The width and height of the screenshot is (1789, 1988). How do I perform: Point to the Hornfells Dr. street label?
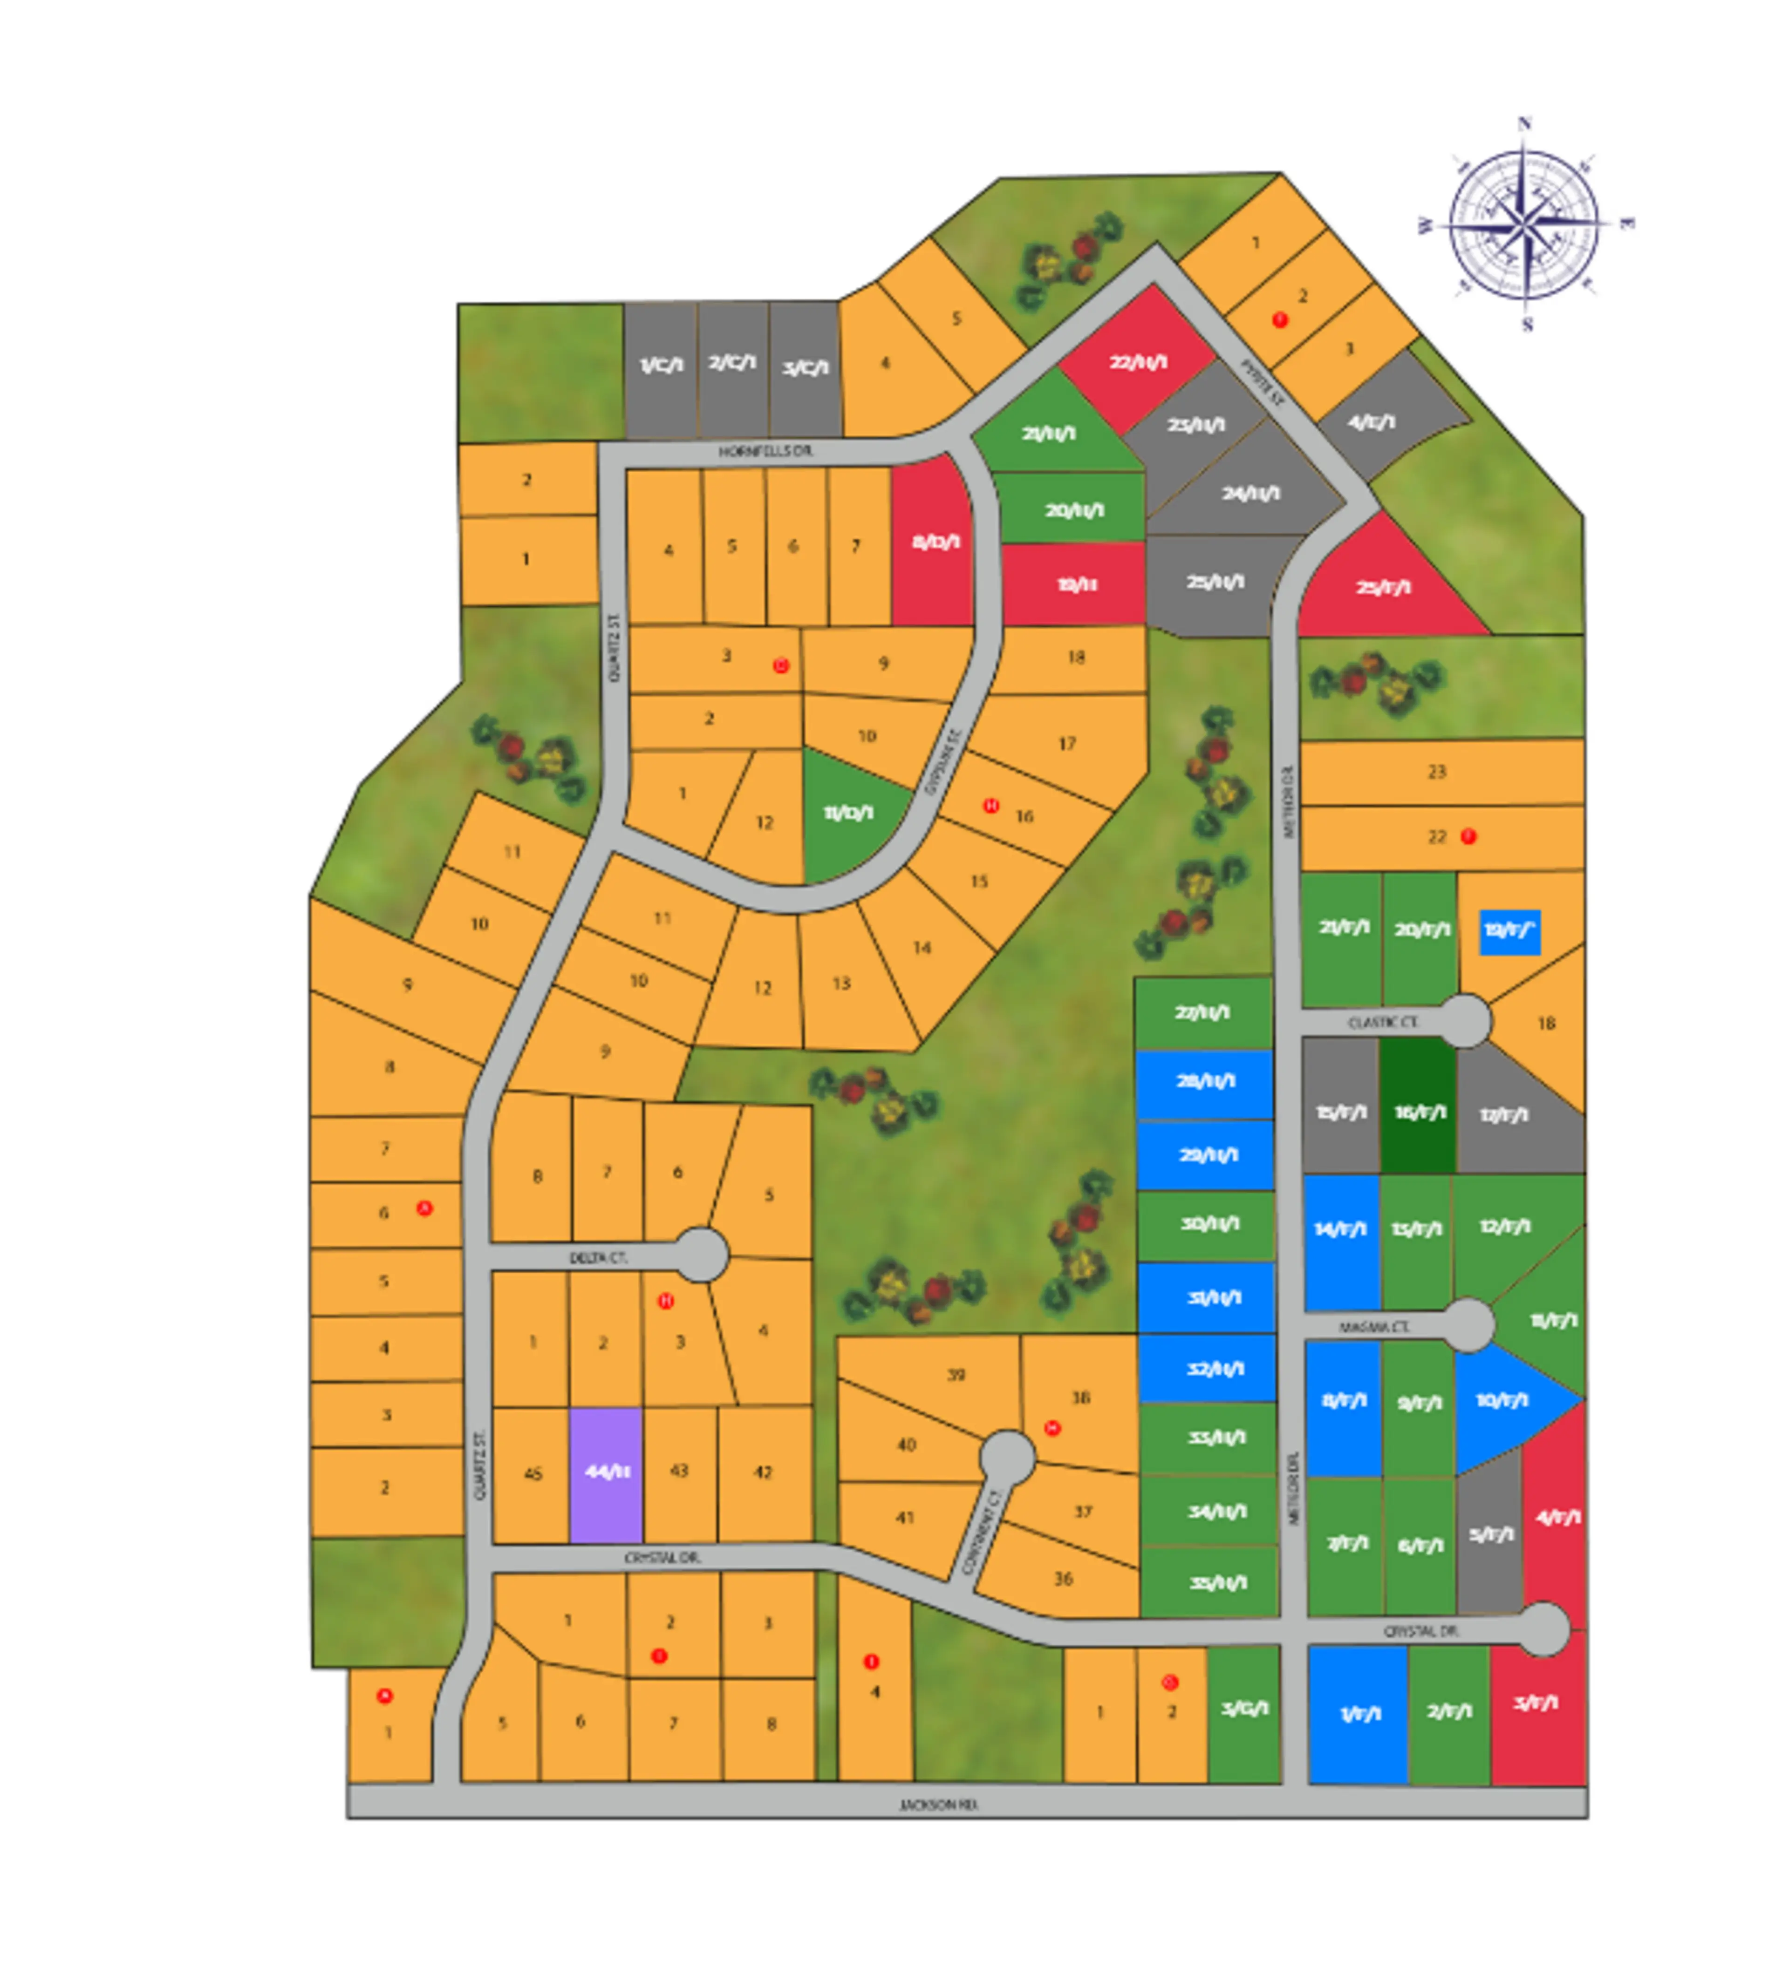pos(765,451)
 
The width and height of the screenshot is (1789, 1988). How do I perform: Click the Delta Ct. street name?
pos(598,1257)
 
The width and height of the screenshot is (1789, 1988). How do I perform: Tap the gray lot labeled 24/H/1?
pos(1250,493)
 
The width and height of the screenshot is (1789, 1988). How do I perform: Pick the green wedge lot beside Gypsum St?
pos(847,814)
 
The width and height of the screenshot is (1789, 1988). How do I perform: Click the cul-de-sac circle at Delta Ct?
pos(702,1255)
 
